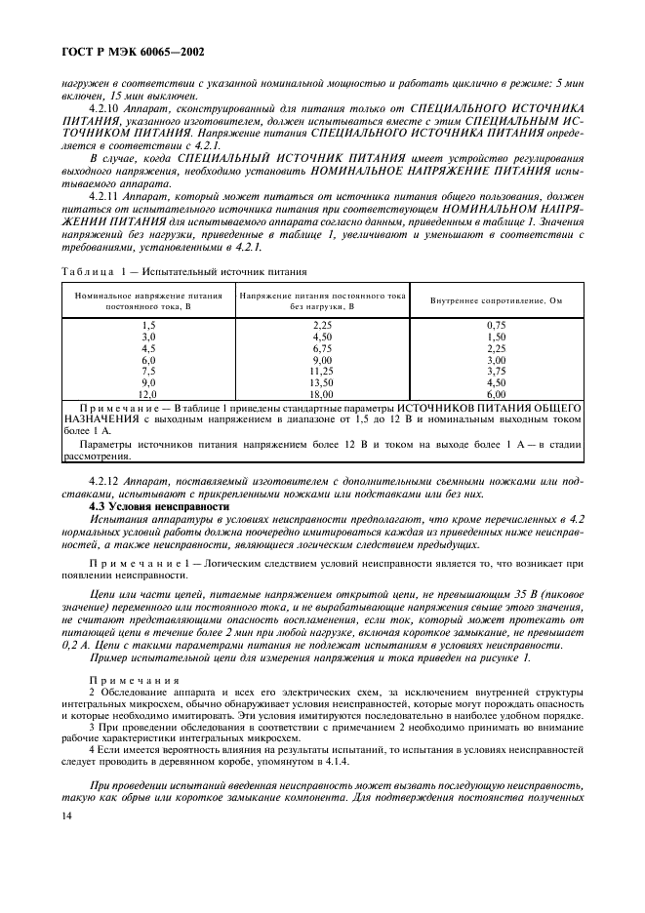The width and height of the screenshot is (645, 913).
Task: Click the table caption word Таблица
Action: click(90, 270)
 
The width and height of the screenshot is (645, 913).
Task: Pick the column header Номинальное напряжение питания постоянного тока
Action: click(149, 299)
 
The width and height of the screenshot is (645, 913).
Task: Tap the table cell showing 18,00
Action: click(322, 392)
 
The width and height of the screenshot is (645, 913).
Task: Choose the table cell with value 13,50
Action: click(322, 381)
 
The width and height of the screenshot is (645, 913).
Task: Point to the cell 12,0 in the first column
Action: click(149, 392)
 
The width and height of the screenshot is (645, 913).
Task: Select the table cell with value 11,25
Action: click(322, 371)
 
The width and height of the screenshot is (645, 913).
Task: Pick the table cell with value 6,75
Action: click(322, 347)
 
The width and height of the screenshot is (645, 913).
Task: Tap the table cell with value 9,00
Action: click(322, 359)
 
